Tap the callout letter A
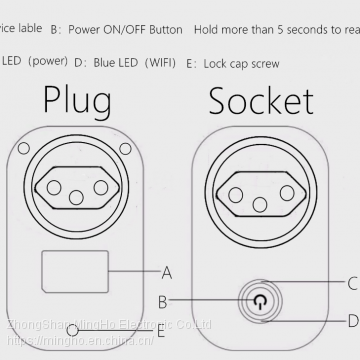(x=167, y=270)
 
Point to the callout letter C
(x=352, y=284)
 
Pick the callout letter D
(x=352, y=320)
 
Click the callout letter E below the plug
(x=160, y=331)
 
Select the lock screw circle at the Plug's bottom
(x=72, y=331)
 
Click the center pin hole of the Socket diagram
(x=260, y=205)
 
